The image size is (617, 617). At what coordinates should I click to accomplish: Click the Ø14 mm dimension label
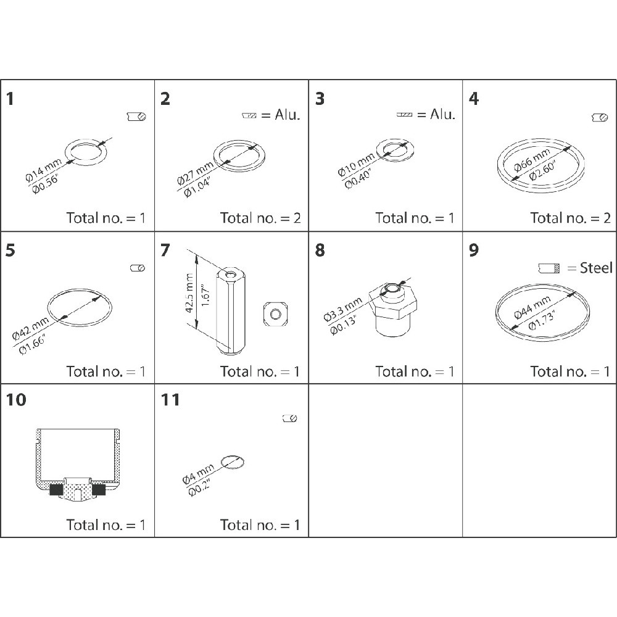point(43,170)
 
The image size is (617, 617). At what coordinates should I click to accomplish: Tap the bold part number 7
point(165,251)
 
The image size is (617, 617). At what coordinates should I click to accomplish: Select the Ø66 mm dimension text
point(532,160)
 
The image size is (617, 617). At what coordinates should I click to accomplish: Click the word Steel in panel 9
point(596,268)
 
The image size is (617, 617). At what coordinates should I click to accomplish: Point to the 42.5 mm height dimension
point(189,293)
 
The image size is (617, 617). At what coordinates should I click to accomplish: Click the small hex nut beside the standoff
point(275,313)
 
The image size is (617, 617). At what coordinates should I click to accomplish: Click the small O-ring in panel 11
point(233,462)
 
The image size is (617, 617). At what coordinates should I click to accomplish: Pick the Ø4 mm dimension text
point(198,473)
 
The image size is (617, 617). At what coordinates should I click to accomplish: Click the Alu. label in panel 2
point(288,115)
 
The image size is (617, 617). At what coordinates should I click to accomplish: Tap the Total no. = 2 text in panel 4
point(570,218)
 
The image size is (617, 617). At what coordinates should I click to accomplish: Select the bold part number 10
point(16,400)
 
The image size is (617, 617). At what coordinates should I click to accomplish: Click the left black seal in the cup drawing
point(57,490)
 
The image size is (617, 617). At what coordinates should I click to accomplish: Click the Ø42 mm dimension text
point(31,328)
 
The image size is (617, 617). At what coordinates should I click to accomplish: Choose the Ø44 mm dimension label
point(532,307)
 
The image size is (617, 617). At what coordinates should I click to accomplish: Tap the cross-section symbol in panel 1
point(136,117)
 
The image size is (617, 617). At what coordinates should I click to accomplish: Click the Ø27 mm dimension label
point(195,173)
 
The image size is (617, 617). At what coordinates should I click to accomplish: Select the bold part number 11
point(170,400)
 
